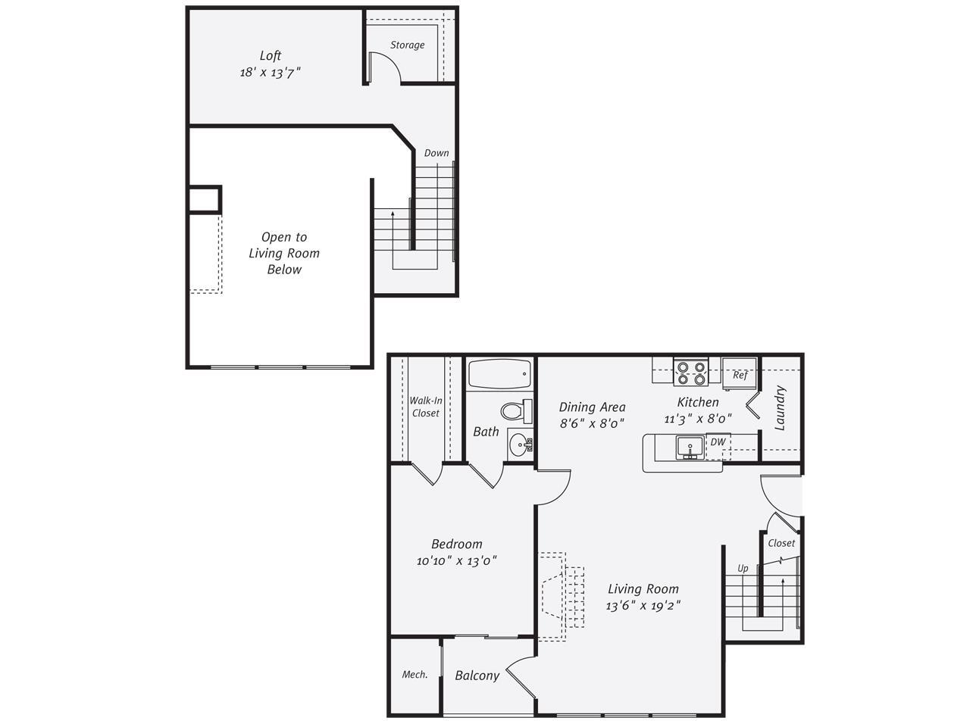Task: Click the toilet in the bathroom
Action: (516, 411)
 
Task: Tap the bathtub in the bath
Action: (499, 374)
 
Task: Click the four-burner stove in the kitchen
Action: (690, 372)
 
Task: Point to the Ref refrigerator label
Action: (740, 375)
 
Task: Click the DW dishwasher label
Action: (717, 442)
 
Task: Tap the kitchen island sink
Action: (690, 447)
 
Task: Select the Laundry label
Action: (781, 409)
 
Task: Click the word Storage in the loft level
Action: (407, 45)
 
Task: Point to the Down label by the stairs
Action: (436, 153)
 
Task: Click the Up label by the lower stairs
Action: (743, 568)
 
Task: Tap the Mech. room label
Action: (415, 675)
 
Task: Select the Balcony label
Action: (477, 676)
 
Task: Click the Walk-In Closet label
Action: (425, 407)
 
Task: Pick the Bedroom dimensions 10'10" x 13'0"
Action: (456, 561)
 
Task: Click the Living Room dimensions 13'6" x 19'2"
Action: (643, 606)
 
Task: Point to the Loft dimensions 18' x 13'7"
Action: (271, 73)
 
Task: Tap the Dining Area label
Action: (592, 407)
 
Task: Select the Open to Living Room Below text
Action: (284, 253)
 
